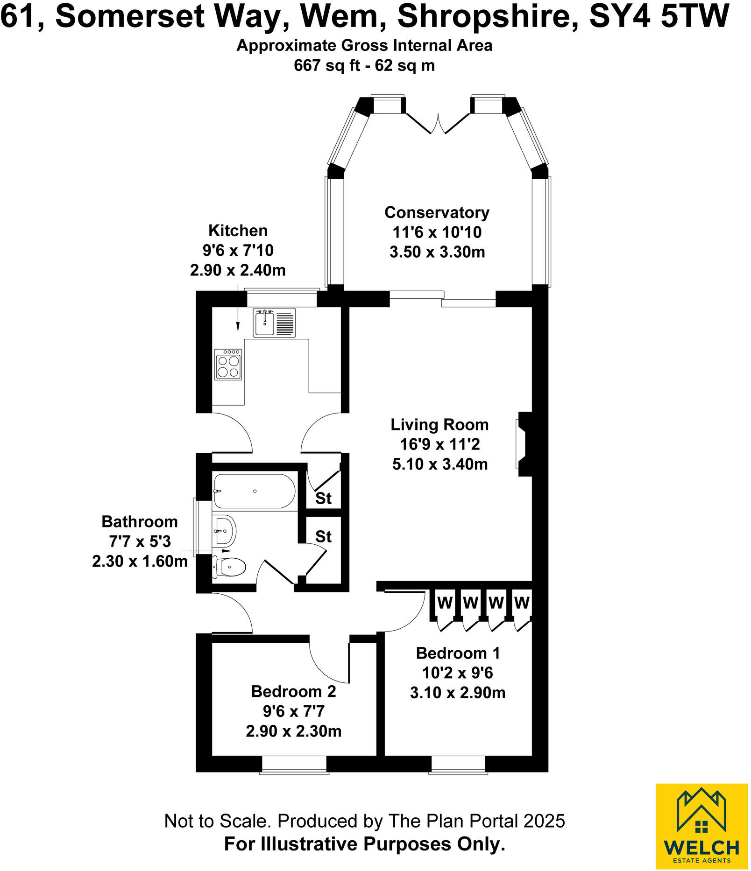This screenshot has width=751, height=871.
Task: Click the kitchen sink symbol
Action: coord(274,323)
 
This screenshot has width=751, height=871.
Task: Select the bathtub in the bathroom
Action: coord(254,492)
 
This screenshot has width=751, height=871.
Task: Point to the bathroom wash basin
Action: coord(224,531)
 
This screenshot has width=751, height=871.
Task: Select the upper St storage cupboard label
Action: coord(323,499)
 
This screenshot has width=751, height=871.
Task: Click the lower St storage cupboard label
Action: coord(323,537)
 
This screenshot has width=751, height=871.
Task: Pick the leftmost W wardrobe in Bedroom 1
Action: coord(444,603)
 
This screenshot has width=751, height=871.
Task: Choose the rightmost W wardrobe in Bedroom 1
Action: coord(522,603)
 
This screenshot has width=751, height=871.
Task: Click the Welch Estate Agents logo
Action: coord(701,826)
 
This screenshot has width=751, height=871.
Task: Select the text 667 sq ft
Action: coord(326,65)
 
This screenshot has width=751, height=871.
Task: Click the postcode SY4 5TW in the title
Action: coord(659,16)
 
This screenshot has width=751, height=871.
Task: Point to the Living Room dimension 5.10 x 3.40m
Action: coord(440,464)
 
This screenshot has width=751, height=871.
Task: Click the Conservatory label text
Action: coord(437,212)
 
